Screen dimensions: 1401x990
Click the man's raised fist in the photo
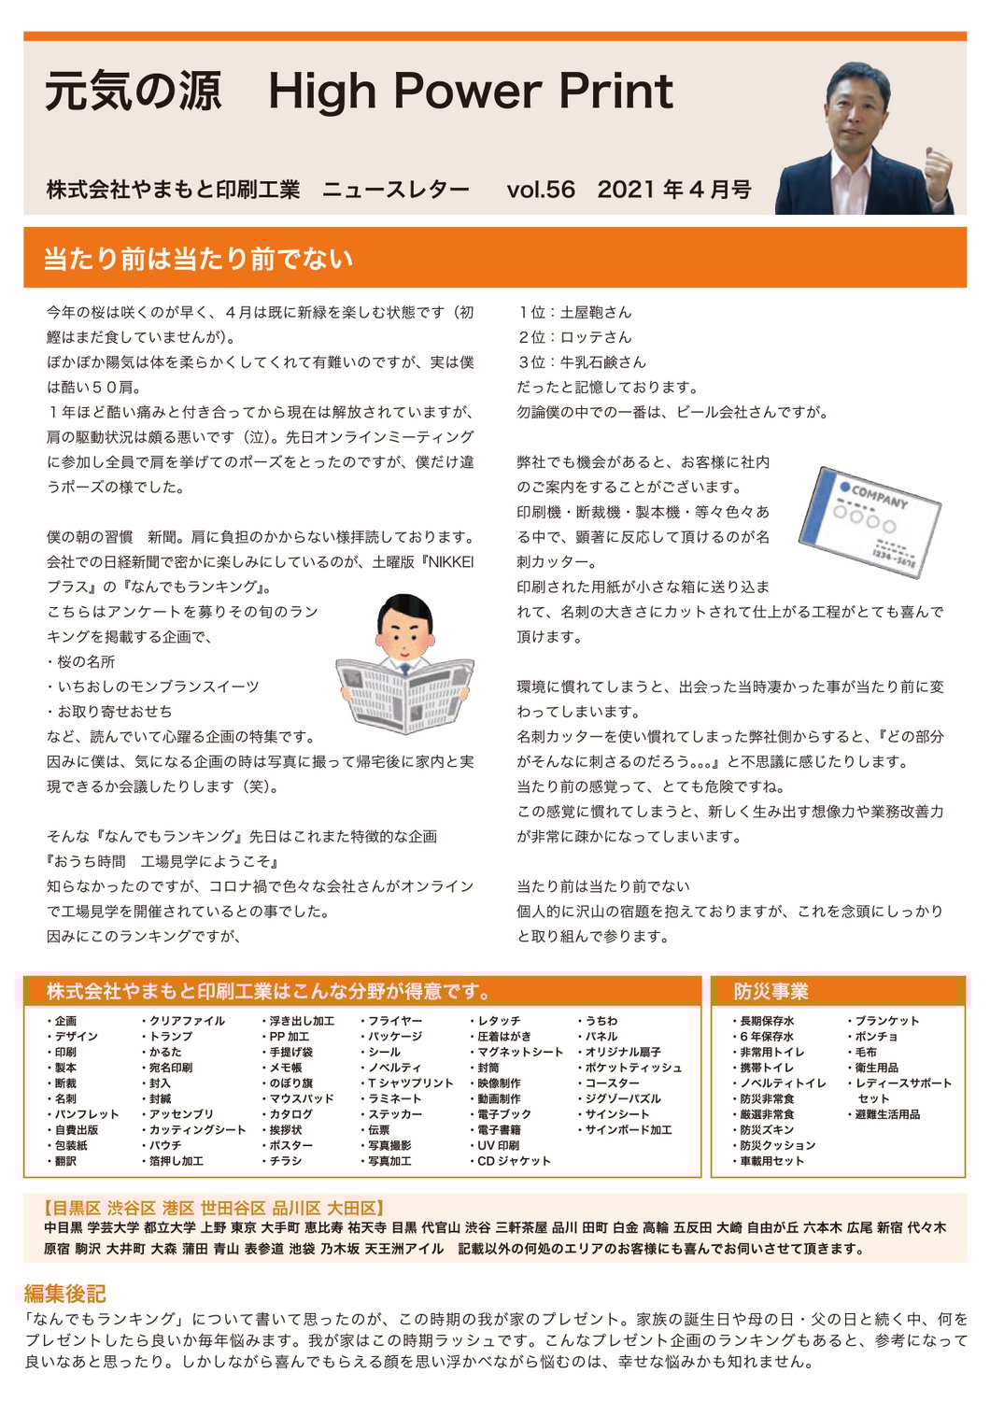click(937, 168)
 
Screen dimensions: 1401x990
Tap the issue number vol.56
click(541, 190)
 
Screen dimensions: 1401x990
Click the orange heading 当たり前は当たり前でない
click(198, 259)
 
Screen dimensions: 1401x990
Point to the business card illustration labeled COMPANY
click(870, 520)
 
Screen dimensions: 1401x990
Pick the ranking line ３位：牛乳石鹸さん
click(581, 362)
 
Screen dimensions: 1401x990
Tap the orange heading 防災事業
click(771, 991)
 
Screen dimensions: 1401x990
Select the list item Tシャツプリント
click(410, 1083)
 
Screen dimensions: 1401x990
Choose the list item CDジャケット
click(514, 1161)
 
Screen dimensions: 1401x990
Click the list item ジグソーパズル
click(623, 1098)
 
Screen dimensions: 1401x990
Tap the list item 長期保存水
click(767, 1021)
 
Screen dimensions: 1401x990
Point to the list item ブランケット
click(886, 1021)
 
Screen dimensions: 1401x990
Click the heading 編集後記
click(64, 1293)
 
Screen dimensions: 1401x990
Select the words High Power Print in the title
click(470, 92)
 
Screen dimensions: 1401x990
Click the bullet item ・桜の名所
click(81, 661)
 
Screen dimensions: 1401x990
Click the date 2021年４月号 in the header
click(674, 190)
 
